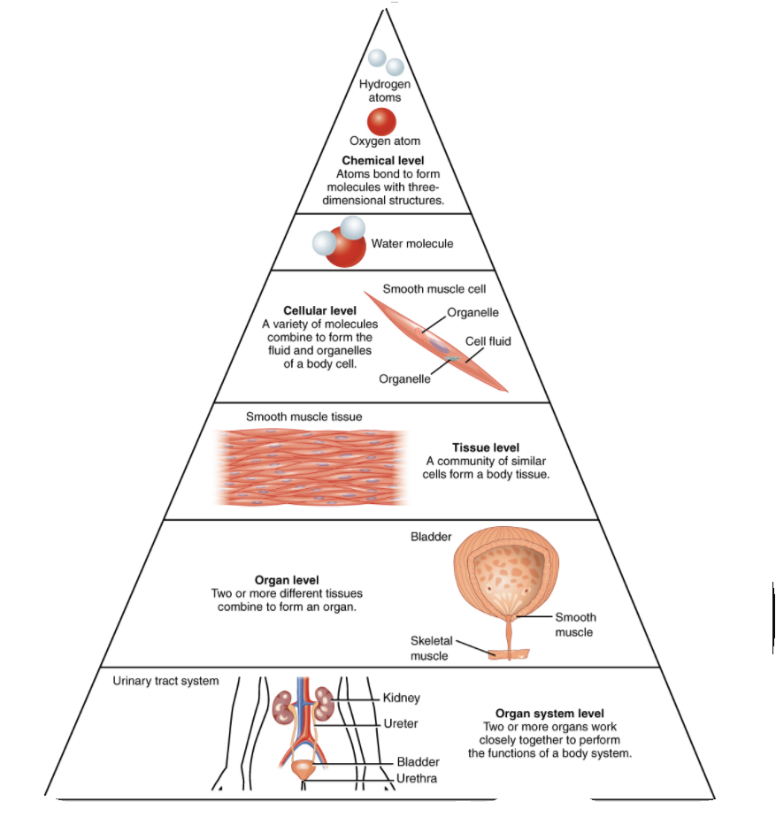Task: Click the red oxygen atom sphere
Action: [x=381, y=120]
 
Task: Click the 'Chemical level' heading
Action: [x=383, y=160]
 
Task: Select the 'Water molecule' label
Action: [x=412, y=243]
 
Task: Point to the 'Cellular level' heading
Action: [x=319, y=310]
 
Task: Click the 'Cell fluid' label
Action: [x=488, y=340]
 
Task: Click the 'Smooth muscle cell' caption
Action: [x=434, y=288]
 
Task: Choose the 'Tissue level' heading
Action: [x=486, y=447]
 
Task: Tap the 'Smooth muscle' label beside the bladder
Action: [x=575, y=624]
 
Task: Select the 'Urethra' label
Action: [x=417, y=778]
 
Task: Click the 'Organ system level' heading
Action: [x=549, y=714]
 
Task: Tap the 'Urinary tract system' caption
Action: [x=165, y=681]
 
